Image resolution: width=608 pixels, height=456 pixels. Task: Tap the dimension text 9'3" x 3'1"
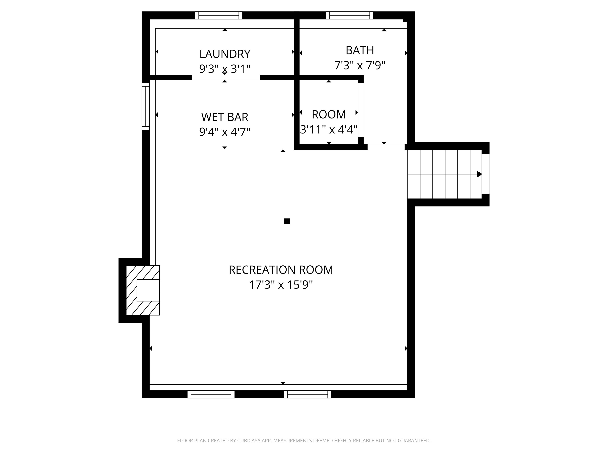tap(225, 69)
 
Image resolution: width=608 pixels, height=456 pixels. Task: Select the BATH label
tap(360, 50)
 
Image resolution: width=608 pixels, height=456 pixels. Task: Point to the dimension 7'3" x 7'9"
tap(360, 66)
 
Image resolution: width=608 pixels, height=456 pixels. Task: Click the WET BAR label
tap(225, 117)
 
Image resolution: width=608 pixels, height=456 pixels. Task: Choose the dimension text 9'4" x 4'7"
tap(225, 132)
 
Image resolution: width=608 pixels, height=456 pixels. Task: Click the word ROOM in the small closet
tap(329, 114)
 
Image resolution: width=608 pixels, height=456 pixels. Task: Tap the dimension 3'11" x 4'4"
tap(329, 129)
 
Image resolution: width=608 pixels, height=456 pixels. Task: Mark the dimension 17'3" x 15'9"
tap(281, 285)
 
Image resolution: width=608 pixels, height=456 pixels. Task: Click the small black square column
tap(287, 221)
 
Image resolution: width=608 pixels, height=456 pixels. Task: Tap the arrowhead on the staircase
tap(479, 174)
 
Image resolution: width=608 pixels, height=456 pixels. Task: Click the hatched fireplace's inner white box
tap(148, 290)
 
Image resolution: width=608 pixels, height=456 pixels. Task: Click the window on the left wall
tap(145, 106)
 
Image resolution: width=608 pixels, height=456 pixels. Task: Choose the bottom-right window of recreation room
tap(307, 394)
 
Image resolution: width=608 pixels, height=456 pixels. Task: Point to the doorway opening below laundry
tap(225, 78)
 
